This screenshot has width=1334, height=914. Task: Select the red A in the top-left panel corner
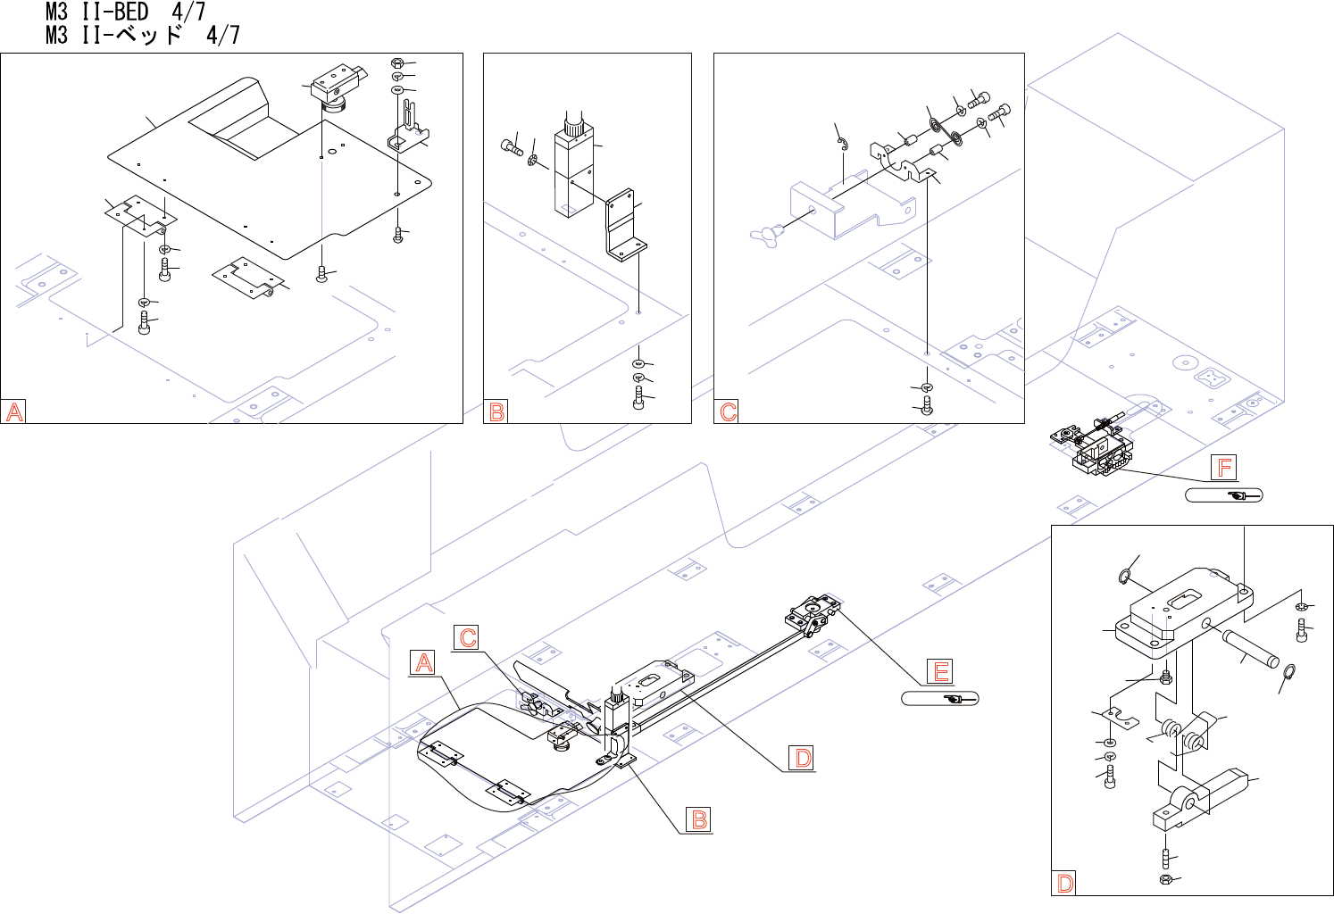[x=14, y=411]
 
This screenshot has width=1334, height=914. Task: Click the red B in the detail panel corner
[x=497, y=411]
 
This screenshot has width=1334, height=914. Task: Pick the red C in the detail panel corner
[x=728, y=411]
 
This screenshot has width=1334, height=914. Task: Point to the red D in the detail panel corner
[x=1065, y=884]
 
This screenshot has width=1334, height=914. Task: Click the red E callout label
[x=940, y=671]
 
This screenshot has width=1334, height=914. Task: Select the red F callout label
[x=1224, y=467]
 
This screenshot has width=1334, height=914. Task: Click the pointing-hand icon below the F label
[x=1238, y=495]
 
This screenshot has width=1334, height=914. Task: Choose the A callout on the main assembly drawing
[x=424, y=662]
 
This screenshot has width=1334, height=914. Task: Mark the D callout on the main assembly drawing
[x=803, y=758]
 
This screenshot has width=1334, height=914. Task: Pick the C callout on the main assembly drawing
[x=467, y=637]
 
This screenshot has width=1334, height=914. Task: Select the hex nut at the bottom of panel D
[x=1165, y=880]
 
